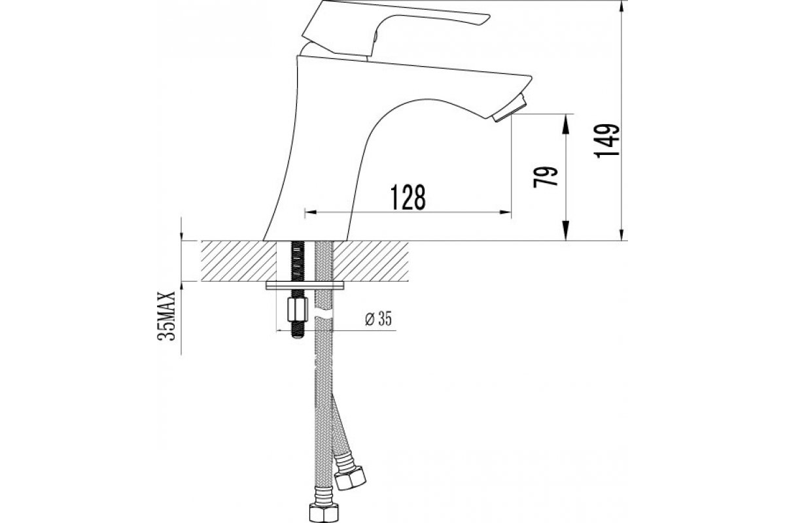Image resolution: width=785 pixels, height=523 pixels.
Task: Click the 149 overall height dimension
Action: point(607,141)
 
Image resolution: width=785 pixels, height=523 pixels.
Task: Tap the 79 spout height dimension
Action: point(546,177)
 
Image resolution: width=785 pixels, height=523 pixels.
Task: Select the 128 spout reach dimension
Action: point(408,197)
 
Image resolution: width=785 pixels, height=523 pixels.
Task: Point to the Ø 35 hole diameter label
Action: point(379,319)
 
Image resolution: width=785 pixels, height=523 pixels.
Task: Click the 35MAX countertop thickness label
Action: point(166,316)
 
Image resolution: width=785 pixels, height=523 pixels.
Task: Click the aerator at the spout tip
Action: point(509,108)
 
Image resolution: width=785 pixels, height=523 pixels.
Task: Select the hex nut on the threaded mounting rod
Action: point(298,309)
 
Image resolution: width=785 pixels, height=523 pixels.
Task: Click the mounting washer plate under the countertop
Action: point(305,285)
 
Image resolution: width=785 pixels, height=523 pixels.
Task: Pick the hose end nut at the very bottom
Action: point(324,514)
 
